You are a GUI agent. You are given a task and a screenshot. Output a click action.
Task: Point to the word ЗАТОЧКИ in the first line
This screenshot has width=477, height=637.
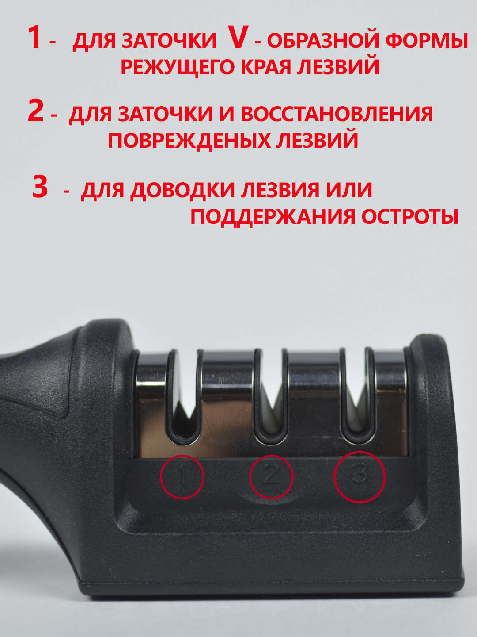(x=169, y=41)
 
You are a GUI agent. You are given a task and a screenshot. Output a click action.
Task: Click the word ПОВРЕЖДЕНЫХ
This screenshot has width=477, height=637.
(x=189, y=140)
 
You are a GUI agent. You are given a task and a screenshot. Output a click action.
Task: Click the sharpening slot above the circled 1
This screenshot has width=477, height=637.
(x=183, y=398)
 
